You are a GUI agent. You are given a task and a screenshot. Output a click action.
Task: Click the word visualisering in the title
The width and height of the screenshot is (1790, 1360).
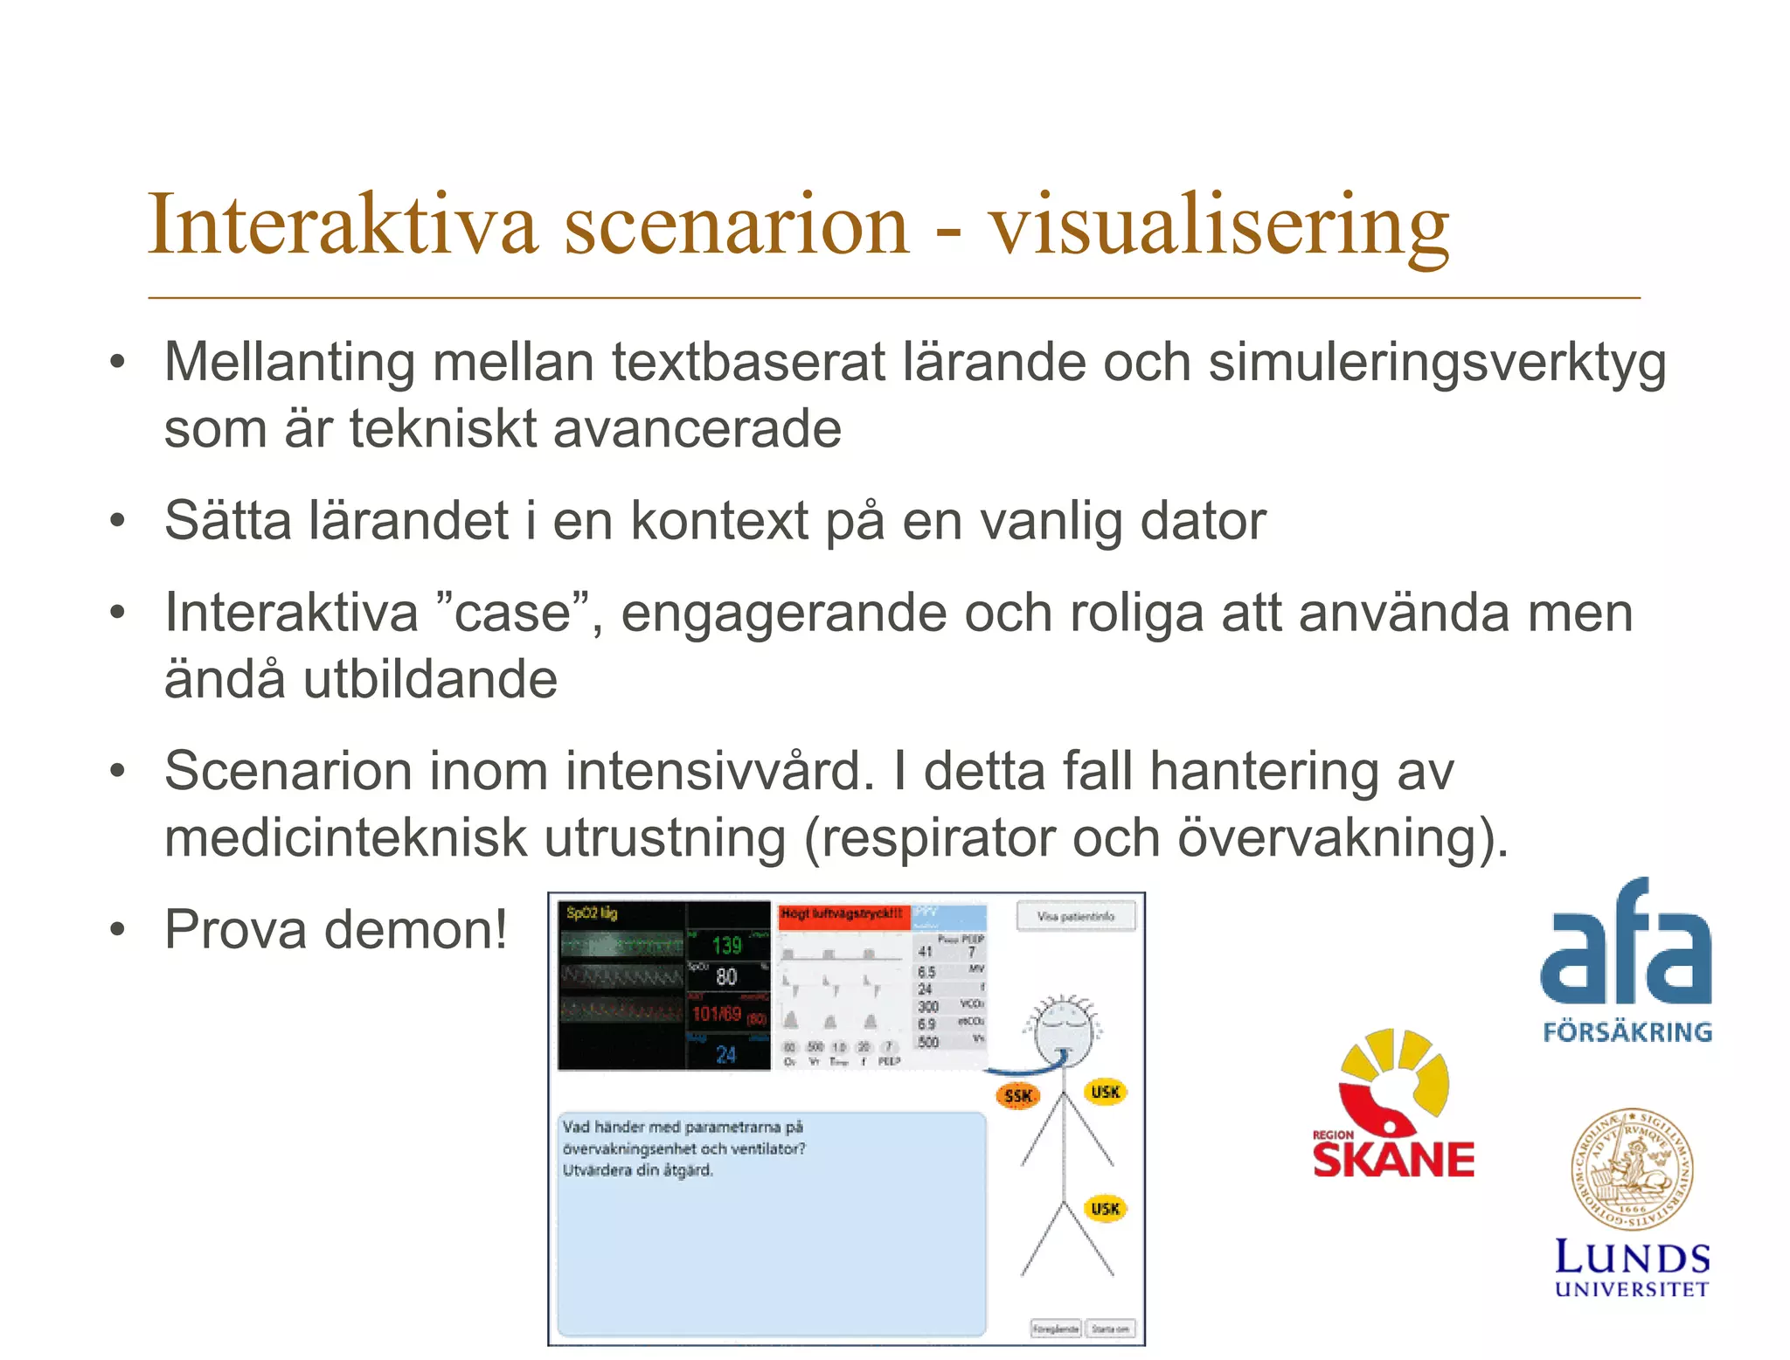1219,226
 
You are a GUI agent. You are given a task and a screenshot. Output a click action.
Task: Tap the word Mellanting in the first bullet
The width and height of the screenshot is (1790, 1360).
289,362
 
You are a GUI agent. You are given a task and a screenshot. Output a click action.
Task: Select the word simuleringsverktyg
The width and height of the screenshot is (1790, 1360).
1437,362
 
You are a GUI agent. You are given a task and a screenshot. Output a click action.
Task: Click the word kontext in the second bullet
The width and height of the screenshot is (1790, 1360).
718,521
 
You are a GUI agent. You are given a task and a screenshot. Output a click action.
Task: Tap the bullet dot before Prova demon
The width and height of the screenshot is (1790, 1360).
118,930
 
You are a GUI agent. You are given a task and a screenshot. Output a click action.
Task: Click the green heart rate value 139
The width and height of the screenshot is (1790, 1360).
726,945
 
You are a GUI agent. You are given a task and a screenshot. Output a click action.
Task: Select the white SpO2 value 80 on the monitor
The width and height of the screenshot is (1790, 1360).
726,977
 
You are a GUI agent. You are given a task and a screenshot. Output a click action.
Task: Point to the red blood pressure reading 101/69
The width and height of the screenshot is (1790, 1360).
718,1014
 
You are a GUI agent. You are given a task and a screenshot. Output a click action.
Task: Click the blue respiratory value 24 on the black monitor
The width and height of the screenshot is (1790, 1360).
726,1055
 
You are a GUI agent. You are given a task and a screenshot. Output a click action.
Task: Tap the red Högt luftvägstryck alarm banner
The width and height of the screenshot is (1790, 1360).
843,914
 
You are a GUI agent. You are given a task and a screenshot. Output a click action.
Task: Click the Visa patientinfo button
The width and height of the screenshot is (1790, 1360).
1075,917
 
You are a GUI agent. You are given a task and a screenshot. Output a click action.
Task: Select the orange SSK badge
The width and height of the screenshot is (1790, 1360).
1018,1096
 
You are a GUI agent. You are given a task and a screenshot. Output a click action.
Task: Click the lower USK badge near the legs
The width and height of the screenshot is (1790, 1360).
1105,1209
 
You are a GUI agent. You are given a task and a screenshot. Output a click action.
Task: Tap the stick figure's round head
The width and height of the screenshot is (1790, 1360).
1063,1031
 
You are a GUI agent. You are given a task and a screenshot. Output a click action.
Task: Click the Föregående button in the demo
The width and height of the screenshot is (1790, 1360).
1056,1329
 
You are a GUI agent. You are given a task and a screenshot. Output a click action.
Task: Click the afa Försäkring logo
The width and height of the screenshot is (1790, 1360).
1626,961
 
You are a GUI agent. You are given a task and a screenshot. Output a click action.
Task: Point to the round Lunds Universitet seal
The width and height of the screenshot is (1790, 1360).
1632,1169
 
